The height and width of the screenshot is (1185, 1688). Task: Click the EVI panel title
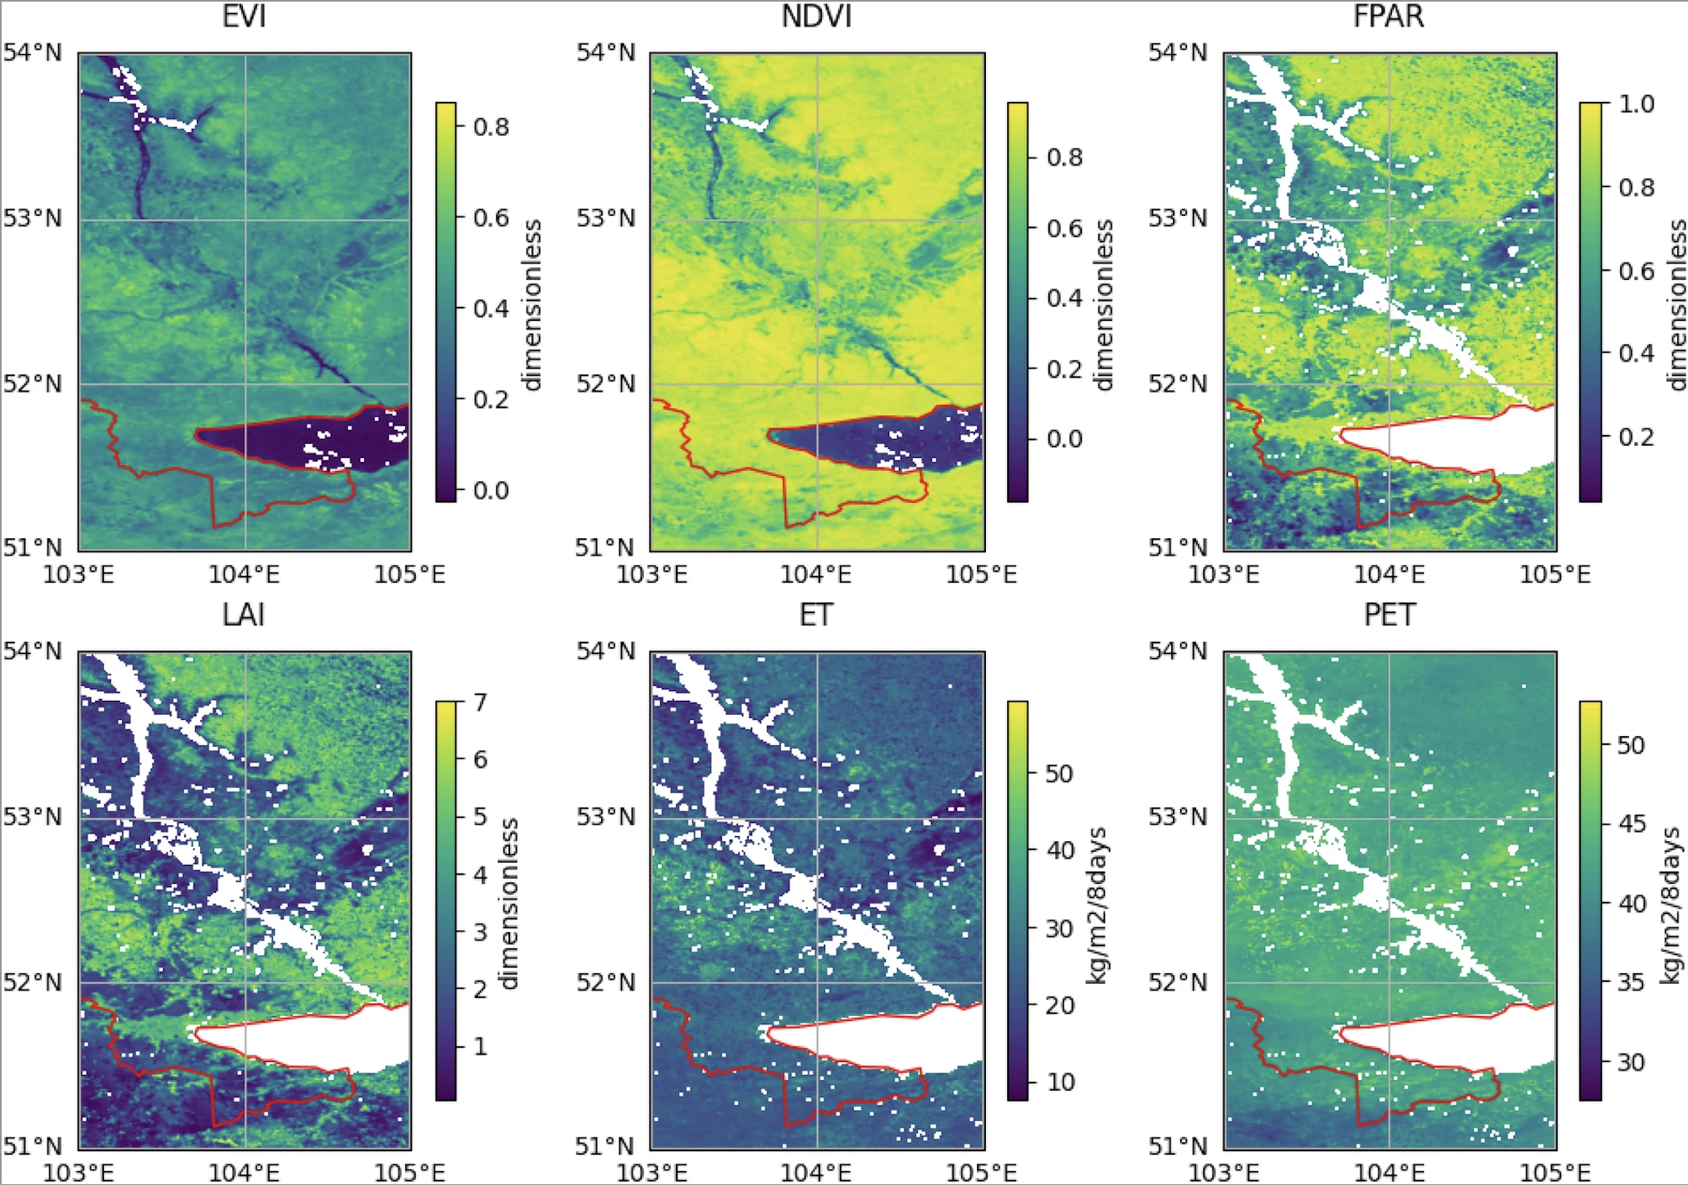pyautogui.click(x=244, y=17)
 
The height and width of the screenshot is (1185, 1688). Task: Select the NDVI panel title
pyautogui.click(x=816, y=17)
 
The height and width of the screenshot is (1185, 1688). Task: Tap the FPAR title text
pyautogui.click(x=1389, y=17)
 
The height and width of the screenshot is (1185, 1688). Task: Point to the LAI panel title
pyautogui.click(x=244, y=615)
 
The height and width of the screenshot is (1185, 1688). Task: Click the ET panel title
pyautogui.click(x=816, y=615)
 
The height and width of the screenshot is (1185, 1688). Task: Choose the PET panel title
pyautogui.click(x=1389, y=615)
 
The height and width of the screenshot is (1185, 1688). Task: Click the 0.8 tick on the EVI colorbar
pyautogui.click(x=490, y=127)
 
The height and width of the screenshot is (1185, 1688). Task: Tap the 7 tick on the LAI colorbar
pyautogui.click(x=480, y=702)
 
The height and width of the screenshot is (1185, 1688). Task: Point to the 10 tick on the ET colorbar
pyautogui.click(x=1061, y=1082)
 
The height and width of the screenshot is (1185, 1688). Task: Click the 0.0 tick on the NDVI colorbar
pyautogui.click(x=1064, y=439)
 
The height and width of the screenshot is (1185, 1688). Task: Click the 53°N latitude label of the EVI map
pyautogui.click(x=32, y=219)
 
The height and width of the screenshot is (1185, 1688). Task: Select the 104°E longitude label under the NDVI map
pyautogui.click(x=816, y=574)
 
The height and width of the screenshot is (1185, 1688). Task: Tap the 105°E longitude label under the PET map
pyautogui.click(x=1555, y=1172)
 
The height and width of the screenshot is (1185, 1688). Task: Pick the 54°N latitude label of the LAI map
pyautogui.click(x=32, y=652)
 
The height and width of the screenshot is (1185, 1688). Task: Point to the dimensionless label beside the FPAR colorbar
pyautogui.click(x=1677, y=304)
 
